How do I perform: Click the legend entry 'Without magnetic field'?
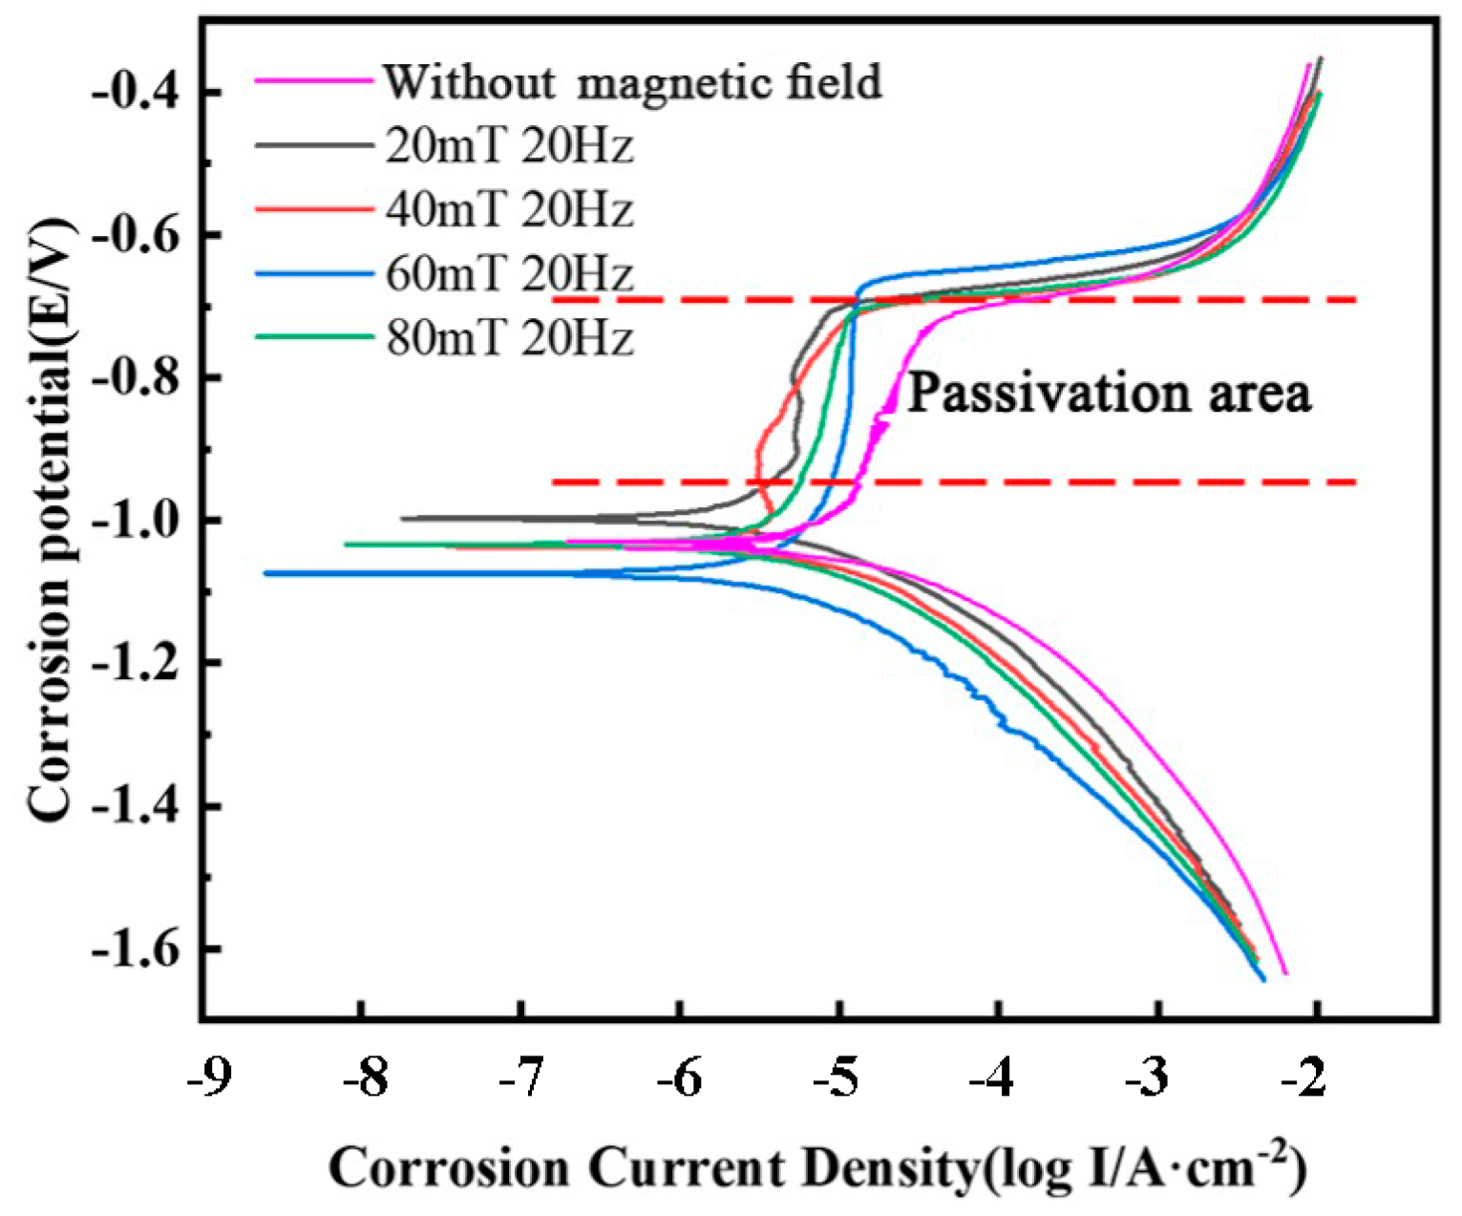point(631,82)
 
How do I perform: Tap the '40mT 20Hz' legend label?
point(509,210)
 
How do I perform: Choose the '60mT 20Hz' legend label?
point(509,274)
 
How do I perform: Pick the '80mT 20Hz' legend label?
point(509,338)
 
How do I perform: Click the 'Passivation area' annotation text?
point(1108,394)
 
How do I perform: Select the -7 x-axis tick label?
point(521,1078)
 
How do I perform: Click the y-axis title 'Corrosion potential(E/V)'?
point(50,521)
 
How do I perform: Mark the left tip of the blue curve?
point(265,573)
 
